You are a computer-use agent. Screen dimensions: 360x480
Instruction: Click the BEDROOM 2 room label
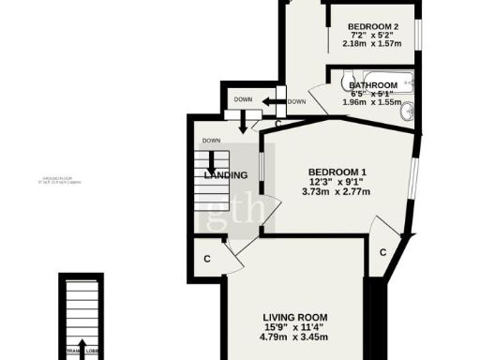click(x=373, y=25)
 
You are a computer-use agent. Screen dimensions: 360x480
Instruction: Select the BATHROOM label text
click(x=373, y=85)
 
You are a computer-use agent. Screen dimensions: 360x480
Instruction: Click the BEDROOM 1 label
click(x=337, y=172)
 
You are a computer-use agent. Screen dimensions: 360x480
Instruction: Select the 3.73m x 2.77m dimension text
click(x=337, y=192)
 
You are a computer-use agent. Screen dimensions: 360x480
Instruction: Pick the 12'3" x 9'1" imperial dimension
click(x=337, y=182)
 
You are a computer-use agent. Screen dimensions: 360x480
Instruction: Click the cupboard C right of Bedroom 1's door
click(x=383, y=252)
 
